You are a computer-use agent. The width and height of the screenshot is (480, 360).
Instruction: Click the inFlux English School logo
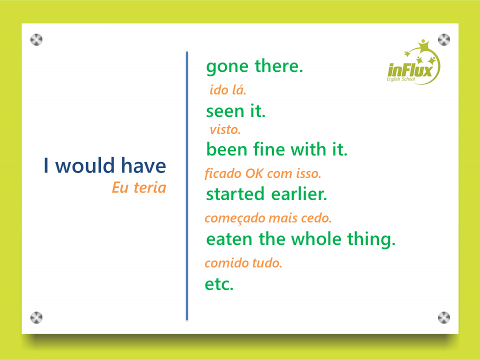(x=413, y=63)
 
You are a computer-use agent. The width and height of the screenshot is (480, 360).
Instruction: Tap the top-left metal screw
(x=36, y=40)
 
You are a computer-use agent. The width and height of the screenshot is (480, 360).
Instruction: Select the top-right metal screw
(x=444, y=40)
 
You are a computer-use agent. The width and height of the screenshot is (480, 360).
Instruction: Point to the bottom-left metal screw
(x=36, y=317)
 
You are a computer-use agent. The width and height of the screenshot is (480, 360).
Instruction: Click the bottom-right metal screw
(x=444, y=317)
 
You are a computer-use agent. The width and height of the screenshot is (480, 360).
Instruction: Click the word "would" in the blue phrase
(x=85, y=165)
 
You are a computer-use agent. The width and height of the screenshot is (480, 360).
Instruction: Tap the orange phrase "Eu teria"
(x=139, y=187)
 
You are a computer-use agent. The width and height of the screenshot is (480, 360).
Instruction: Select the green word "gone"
(x=227, y=67)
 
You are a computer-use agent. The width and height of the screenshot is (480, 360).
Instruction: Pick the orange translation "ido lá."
(x=228, y=90)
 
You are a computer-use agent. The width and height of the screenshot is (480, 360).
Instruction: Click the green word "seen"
(x=226, y=111)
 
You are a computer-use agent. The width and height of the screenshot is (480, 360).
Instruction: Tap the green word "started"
(x=235, y=194)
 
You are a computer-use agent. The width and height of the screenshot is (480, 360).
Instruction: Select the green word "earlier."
(x=299, y=194)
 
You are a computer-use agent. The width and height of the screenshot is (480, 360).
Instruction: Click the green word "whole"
(x=316, y=239)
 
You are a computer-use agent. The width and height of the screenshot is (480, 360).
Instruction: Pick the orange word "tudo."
(x=266, y=263)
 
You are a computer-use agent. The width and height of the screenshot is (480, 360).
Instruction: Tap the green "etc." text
(x=219, y=284)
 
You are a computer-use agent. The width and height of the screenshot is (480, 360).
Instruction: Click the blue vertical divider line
(x=187, y=186)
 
